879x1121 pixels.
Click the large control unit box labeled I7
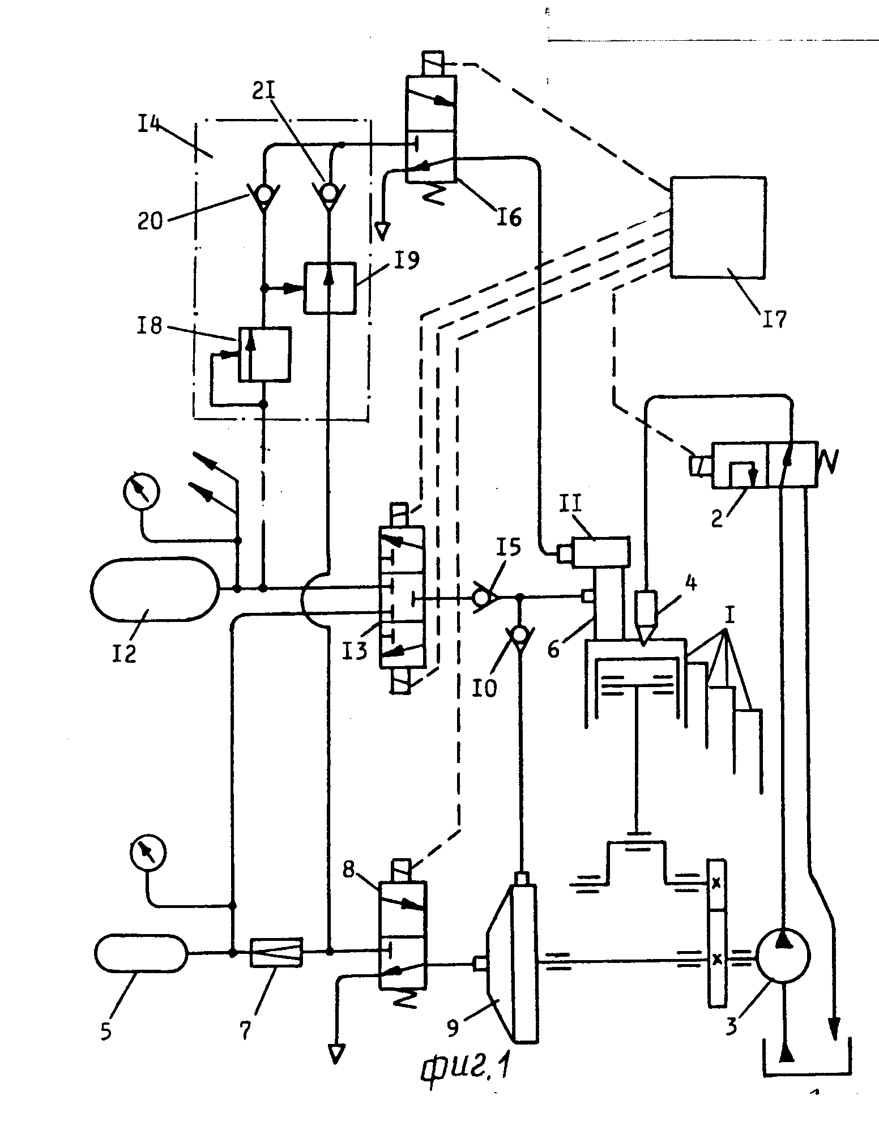point(718,227)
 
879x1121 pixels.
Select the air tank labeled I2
point(154,589)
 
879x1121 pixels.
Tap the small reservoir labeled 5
point(141,953)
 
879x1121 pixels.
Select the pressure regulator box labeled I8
point(264,353)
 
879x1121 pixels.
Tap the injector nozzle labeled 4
point(646,612)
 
